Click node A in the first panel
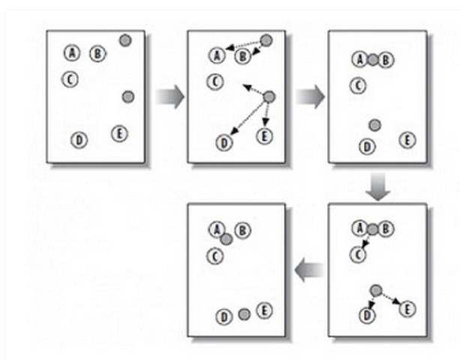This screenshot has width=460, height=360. tap(72, 52)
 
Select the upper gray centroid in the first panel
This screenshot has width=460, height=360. tap(125, 40)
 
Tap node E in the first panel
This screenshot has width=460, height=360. tap(119, 133)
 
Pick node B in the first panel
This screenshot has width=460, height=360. tap(97, 52)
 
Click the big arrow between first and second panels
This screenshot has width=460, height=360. tap(170, 96)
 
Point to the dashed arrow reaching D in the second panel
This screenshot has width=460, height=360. tap(245, 118)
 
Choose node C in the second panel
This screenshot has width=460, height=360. tap(215, 81)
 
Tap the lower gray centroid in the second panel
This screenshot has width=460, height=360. tap(269, 97)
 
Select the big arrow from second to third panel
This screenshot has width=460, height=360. tap(310, 96)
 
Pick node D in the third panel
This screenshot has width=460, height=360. tap(366, 146)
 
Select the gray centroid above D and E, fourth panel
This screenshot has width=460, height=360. tap(376, 290)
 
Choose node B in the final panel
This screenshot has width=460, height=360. tap(242, 230)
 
